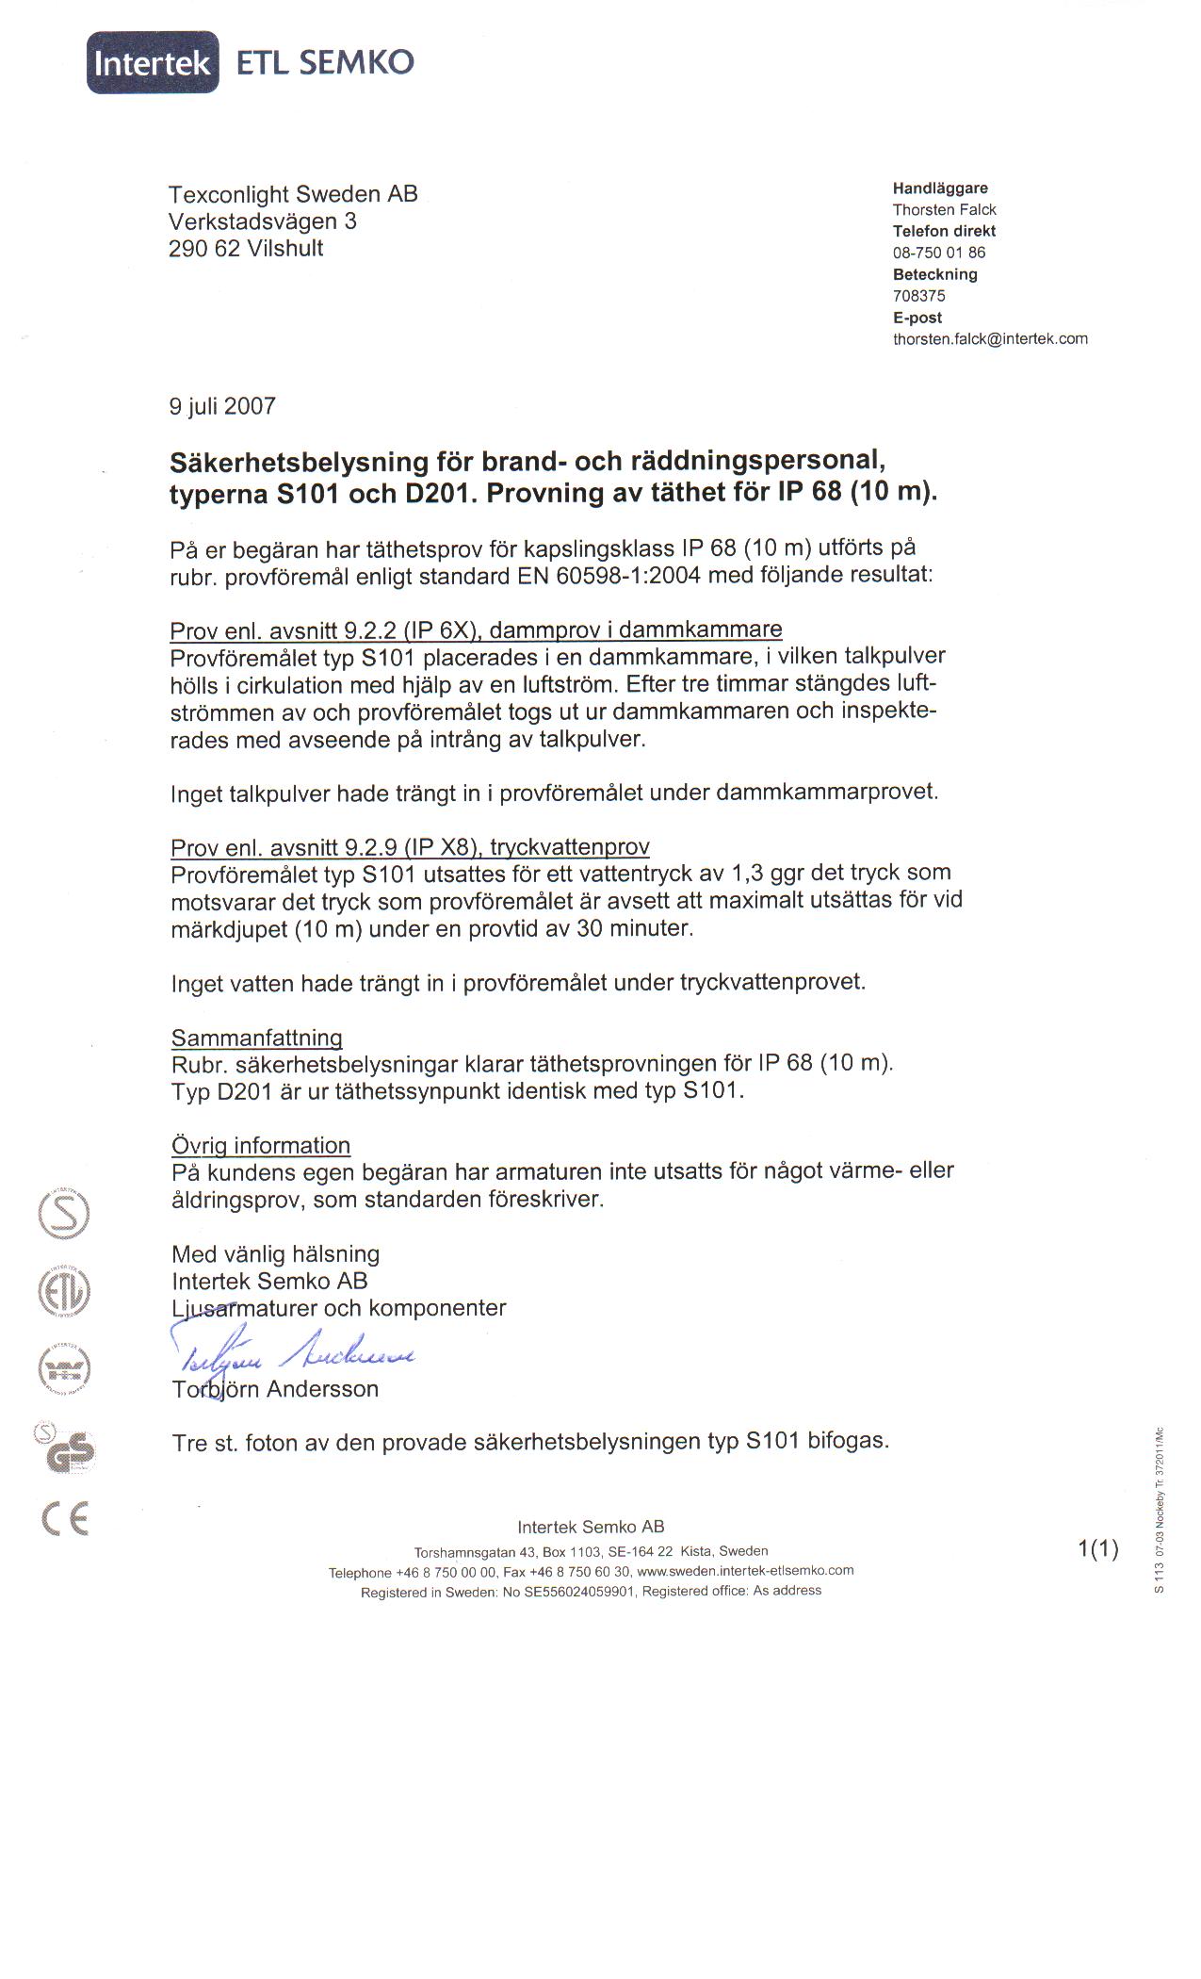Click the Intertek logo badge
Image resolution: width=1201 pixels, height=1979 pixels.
pyautogui.click(x=153, y=62)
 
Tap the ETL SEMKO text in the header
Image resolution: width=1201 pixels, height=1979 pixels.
pyautogui.click(x=324, y=62)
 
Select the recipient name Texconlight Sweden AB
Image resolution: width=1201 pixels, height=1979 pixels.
pyautogui.click(x=293, y=195)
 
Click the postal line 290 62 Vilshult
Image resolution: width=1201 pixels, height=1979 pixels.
pyautogui.click(x=246, y=249)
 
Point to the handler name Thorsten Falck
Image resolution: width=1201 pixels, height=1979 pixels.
pyautogui.click(x=944, y=210)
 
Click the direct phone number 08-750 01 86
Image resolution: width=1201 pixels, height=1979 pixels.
pyautogui.click(x=938, y=253)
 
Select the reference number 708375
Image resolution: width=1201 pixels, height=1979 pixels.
pyautogui.click(x=918, y=296)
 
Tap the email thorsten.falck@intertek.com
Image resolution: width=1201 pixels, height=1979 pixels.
pyautogui.click(x=990, y=339)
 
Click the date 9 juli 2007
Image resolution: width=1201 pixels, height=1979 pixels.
pyautogui.click(x=222, y=406)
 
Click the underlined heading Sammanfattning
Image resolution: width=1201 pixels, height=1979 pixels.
pyautogui.click(x=256, y=1038)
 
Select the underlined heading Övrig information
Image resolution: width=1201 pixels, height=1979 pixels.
pyautogui.click(x=261, y=1146)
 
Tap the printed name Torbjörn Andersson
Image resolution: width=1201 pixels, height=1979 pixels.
pyautogui.click(x=275, y=1389)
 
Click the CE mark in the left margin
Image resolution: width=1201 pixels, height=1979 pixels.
pyautogui.click(x=66, y=1519)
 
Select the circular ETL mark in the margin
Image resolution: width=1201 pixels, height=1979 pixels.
pyautogui.click(x=63, y=1291)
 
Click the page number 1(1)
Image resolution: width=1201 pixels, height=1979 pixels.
pyautogui.click(x=1097, y=1549)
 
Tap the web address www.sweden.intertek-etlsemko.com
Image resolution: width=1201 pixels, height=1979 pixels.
pyautogui.click(x=745, y=1571)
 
